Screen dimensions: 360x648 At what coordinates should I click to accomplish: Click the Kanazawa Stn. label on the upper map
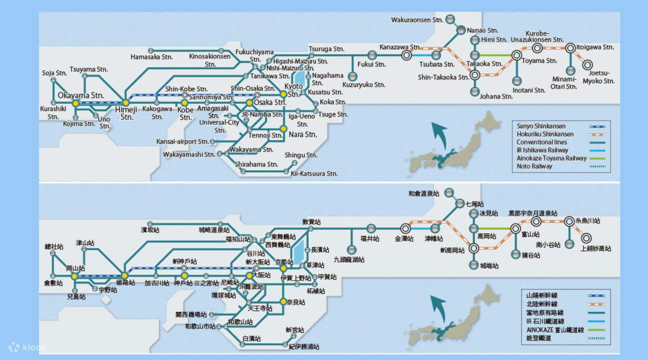[400, 47]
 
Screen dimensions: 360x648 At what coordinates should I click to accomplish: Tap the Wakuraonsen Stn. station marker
[450, 19]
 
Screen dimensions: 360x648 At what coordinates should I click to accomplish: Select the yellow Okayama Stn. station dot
[76, 103]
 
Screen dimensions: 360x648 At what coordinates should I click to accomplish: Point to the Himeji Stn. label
[127, 113]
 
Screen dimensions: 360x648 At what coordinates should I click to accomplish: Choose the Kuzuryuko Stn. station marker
[353, 76]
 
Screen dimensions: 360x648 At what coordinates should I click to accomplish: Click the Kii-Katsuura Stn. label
[314, 173]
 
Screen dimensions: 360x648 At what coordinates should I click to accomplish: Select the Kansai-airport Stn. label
[183, 142]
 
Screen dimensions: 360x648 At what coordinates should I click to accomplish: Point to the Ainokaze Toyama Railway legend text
[551, 158]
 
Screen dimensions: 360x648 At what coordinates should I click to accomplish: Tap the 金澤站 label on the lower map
[404, 239]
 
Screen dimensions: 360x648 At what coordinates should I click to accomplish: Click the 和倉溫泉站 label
[424, 193]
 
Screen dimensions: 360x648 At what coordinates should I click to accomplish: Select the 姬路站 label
[126, 283]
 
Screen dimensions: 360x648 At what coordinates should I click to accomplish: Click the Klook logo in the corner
[28, 346]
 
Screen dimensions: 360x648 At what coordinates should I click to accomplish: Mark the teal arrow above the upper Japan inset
[440, 135]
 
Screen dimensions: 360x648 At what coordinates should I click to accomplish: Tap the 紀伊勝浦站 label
[304, 346]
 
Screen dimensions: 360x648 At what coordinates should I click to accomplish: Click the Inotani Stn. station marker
[516, 80]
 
